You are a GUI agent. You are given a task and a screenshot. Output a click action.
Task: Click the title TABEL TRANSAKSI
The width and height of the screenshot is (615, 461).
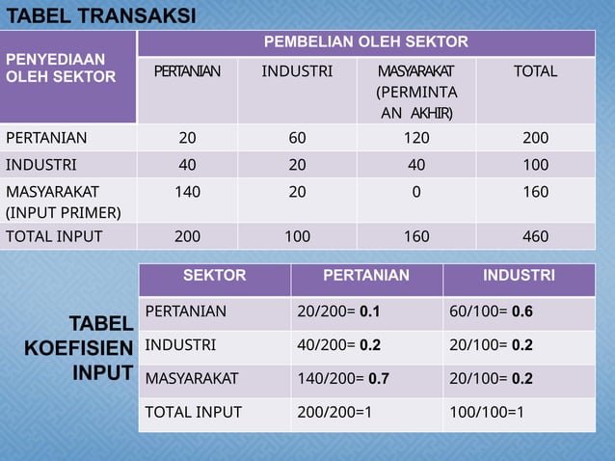tap(100, 15)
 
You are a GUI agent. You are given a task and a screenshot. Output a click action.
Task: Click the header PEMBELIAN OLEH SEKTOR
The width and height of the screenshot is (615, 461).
tap(366, 42)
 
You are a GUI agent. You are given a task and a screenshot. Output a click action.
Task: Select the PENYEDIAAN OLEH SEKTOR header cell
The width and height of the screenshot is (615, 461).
tap(61, 68)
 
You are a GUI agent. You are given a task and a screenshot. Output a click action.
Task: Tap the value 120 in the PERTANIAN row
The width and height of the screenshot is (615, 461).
tap(415, 138)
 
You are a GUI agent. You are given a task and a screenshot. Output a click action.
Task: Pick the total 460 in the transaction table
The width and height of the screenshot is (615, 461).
tap(535, 236)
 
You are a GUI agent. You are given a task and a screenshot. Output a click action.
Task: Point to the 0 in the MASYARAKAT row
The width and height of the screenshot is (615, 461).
tap(415, 192)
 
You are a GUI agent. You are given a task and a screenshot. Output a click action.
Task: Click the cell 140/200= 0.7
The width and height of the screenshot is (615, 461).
tap(344, 378)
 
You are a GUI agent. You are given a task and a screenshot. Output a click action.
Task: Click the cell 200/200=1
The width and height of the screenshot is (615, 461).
tap(336, 413)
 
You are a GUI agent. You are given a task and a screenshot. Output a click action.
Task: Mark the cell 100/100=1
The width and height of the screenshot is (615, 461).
tap(487, 413)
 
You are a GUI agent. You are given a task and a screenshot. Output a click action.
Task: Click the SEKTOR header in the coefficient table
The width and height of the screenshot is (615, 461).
tap(214, 276)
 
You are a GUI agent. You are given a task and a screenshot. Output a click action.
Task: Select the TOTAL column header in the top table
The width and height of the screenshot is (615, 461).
tap(535, 71)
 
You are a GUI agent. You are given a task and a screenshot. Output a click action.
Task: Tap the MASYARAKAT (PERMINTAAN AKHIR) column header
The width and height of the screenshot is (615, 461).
tap(415, 94)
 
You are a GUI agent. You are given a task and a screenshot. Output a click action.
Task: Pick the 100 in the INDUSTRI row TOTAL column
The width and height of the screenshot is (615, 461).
tap(535, 164)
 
